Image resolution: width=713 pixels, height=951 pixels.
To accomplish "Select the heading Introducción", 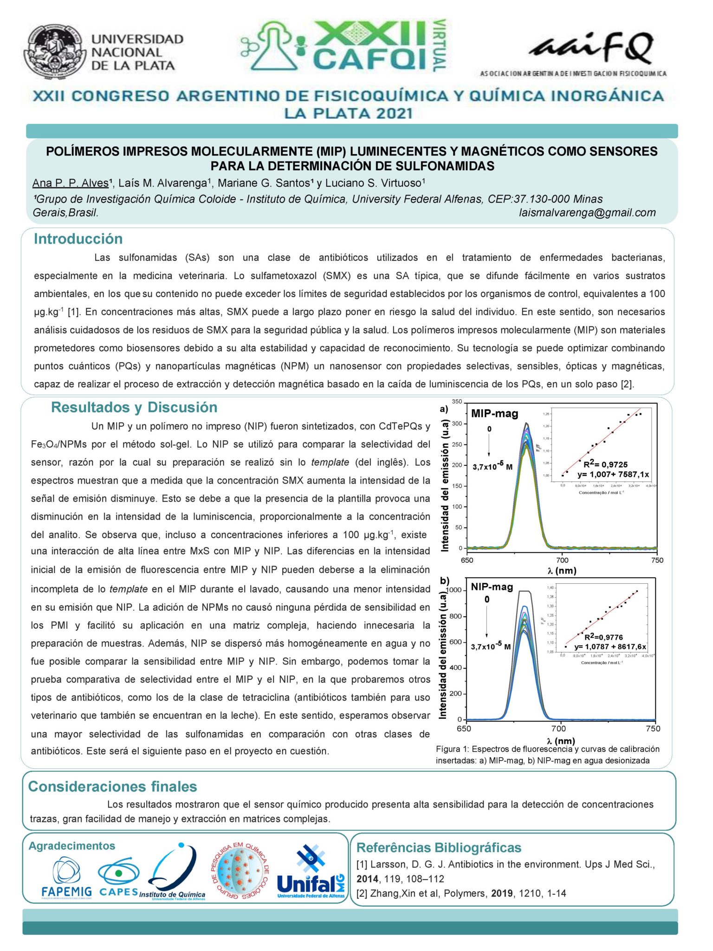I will (78, 239).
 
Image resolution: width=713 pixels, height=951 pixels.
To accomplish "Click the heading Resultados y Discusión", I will (134, 407).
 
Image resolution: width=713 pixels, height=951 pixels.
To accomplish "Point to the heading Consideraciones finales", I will (112, 786).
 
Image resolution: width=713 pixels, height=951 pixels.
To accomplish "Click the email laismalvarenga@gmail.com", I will (587, 213).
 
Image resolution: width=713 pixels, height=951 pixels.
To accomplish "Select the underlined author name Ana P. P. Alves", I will (71, 183).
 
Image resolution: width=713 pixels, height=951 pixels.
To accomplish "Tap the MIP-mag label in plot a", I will (494, 413).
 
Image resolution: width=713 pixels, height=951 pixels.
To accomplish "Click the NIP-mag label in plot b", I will (492, 586).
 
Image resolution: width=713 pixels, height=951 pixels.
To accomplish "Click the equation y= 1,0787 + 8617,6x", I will (610, 646).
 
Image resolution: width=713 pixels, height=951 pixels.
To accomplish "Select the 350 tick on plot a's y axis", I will (457, 402).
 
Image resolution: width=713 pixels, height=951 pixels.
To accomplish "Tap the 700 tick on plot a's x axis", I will (562, 560).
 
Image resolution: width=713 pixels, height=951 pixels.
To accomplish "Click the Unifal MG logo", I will (311, 873).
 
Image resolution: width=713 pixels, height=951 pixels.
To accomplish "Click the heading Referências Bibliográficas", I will (439, 847).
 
